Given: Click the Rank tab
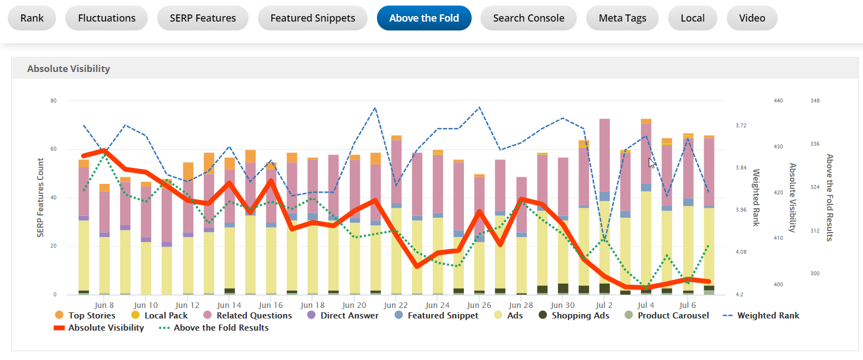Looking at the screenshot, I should click(x=32, y=18).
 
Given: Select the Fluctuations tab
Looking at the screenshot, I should click(x=107, y=18).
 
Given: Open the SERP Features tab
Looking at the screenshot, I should click(x=203, y=18).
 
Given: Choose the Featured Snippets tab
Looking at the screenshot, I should click(x=313, y=18).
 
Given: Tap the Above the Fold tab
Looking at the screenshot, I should click(x=424, y=18).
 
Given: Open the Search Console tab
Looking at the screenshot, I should click(x=529, y=18).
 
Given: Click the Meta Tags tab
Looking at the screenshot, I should click(x=622, y=18).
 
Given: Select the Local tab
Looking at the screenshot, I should click(x=693, y=18).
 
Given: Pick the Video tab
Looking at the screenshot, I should click(x=752, y=18).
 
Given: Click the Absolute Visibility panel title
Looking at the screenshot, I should click(x=69, y=69).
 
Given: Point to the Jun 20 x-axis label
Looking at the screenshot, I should click(x=354, y=305).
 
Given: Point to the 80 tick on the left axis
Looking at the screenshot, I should click(x=54, y=101).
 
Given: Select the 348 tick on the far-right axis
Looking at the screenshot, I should click(x=815, y=101).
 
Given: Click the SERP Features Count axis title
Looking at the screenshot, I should click(x=40, y=198).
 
